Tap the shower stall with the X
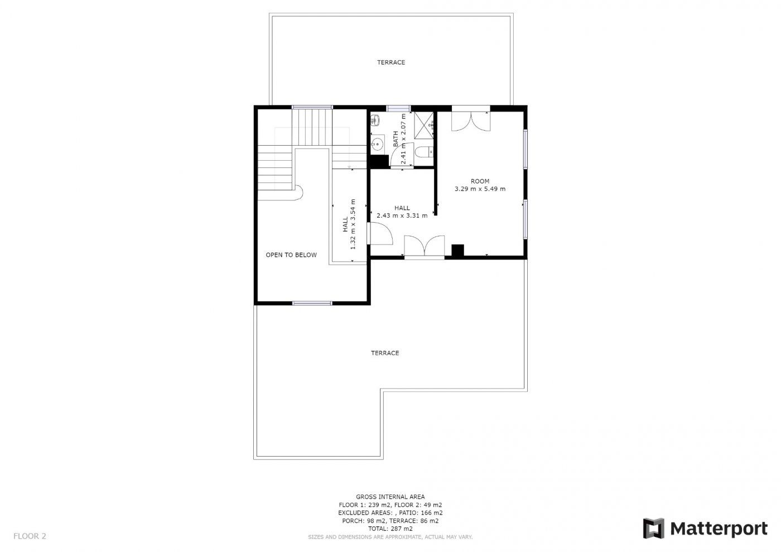[x=423, y=125]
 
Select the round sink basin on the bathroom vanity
[x=377, y=144]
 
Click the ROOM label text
[x=480, y=181]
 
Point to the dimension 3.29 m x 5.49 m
[x=480, y=189]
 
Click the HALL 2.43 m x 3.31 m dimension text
[x=402, y=215]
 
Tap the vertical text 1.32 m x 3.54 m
[x=353, y=224]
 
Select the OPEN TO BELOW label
[x=291, y=255]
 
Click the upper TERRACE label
[x=391, y=62]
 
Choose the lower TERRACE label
[x=385, y=353]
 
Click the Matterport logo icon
[x=653, y=528]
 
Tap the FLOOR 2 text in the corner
[x=30, y=536]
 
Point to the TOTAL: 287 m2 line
[x=390, y=529]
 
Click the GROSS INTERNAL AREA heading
[x=390, y=497]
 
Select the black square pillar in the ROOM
[x=458, y=251]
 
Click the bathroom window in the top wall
[x=398, y=108]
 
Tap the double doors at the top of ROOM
[x=471, y=118]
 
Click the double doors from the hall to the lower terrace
[x=425, y=247]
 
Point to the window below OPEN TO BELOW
[x=312, y=303]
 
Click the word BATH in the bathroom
[x=396, y=139]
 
